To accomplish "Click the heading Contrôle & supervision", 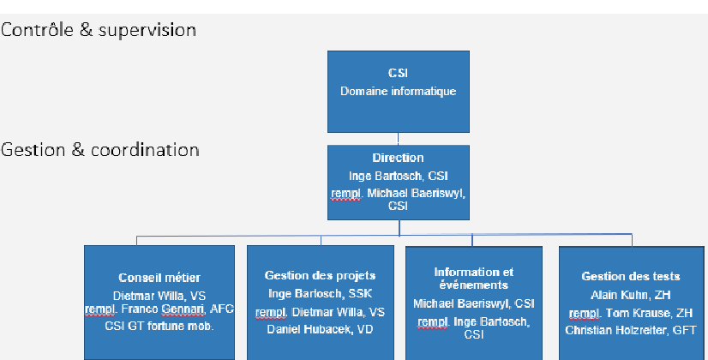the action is (99, 30).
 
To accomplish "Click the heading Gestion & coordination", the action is (99, 150).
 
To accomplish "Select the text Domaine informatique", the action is (399, 91).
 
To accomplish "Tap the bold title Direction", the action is (399, 158).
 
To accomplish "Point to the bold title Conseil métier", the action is (159, 278).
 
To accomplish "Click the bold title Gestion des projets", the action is (320, 275).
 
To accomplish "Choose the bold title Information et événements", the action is (474, 279).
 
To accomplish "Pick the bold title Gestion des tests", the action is (631, 276).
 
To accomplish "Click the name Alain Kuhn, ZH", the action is (631, 295).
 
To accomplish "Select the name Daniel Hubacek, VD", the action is (320, 329).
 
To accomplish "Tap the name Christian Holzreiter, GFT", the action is (631, 330).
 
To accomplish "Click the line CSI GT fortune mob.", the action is (159, 326).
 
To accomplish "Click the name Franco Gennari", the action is (163, 309).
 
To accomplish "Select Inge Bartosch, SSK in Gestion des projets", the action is (320, 294).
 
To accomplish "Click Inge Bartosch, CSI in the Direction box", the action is (399, 176).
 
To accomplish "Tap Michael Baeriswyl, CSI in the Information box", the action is (474, 303).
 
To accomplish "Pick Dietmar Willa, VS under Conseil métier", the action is (159, 296).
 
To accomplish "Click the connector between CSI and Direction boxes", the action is (398, 139).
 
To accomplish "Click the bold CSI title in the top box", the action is (398, 73).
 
